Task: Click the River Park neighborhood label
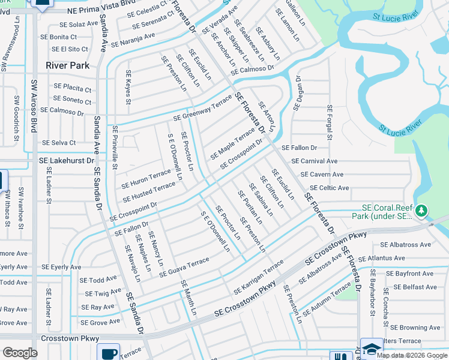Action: pyautogui.click(x=68, y=65)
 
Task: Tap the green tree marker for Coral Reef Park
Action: pyautogui.click(x=421, y=211)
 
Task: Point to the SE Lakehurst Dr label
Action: pyautogui.click(x=67, y=161)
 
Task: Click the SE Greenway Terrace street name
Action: pyautogui.click(x=202, y=109)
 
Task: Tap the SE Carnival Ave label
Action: pyautogui.click(x=315, y=161)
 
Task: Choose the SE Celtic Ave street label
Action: pyautogui.click(x=324, y=188)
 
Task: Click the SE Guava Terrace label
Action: pyautogui.click(x=184, y=267)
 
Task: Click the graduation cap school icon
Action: pyautogui.click(x=371, y=349)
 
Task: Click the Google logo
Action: pyautogui.click(x=20, y=353)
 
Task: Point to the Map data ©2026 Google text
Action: pyautogui.click(x=411, y=355)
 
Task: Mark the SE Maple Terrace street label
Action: pyautogui.click(x=232, y=143)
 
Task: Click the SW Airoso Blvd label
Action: pyautogui.click(x=34, y=115)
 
